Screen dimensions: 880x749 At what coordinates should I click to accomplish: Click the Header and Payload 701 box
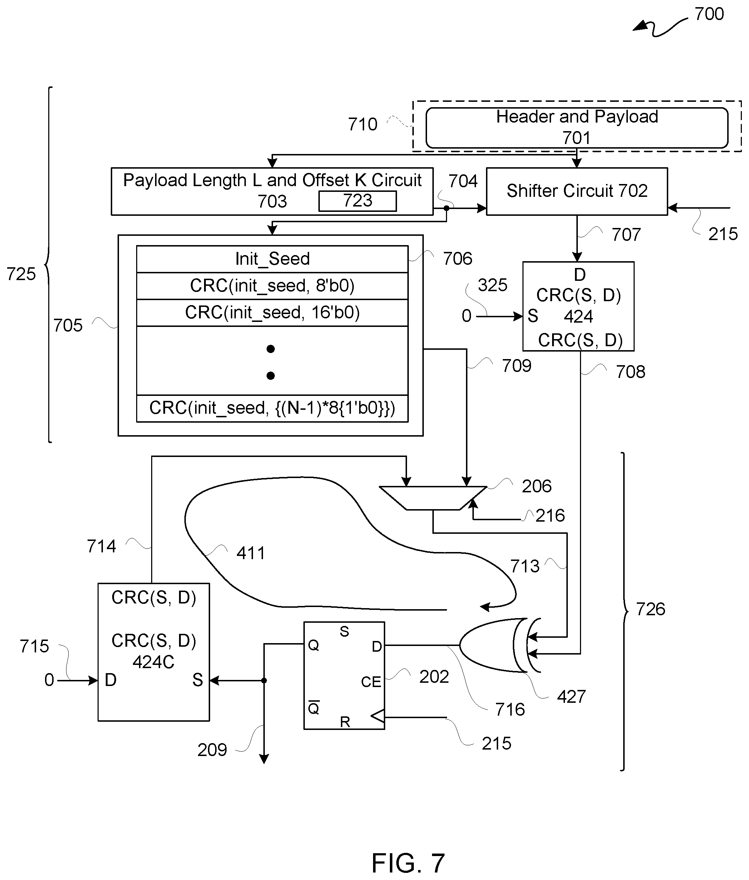point(577,127)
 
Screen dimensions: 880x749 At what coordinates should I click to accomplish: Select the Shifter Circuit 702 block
point(577,191)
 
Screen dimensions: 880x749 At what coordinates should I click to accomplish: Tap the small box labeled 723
point(357,201)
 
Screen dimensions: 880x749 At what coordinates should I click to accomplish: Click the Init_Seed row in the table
point(272,259)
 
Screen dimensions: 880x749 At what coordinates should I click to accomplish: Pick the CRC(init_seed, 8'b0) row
point(272,286)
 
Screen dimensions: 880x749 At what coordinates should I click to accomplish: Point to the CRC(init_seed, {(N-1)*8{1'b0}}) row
point(272,408)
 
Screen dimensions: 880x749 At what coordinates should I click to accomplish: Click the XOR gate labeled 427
point(492,645)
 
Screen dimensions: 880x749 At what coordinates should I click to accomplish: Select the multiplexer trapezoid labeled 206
point(433,497)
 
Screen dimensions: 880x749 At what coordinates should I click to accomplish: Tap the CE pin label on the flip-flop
point(371,682)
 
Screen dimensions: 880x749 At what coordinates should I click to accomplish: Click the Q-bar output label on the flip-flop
point(313,708)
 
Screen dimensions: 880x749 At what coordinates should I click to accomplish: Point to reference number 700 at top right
point(709,14)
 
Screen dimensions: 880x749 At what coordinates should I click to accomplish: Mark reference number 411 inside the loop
point(251,553)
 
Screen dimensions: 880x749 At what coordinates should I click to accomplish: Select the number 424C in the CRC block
point(153,662)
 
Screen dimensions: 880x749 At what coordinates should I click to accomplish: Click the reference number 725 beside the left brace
point(21,274)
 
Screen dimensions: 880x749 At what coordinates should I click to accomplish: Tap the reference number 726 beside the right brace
point(650,609)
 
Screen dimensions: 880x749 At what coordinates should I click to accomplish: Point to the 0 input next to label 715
point(49,680)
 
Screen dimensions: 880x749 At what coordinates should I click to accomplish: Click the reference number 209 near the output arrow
point(212,750)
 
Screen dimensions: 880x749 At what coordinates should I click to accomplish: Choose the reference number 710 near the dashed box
point(362,124)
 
